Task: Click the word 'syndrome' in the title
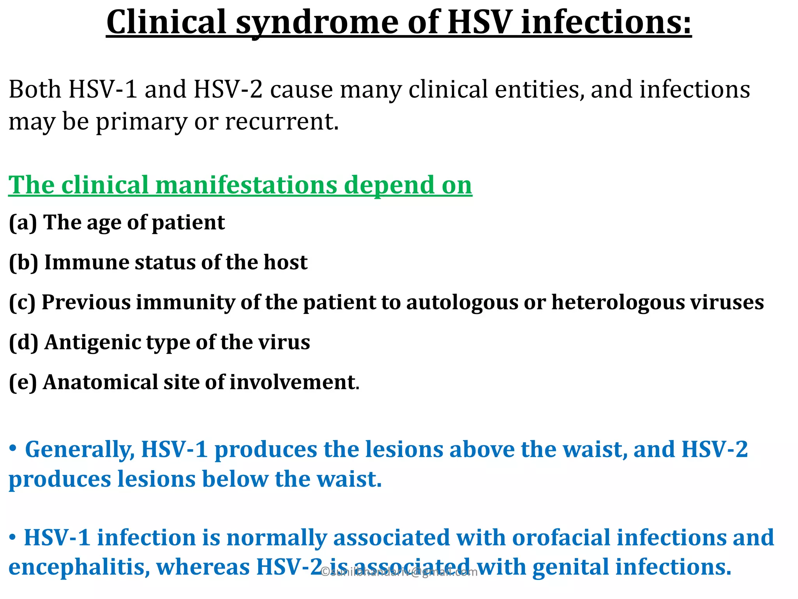coord(317,23)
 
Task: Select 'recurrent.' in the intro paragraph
coord(282,122)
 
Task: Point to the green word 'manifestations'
coord(246,185)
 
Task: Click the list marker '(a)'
coord(23,223)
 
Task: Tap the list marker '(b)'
coord(23,263)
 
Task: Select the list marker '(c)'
coord(22,303)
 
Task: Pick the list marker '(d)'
coord(23,343)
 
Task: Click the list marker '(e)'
coord(23,383)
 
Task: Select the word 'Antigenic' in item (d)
coord(92,343)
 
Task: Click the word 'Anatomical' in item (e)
coord(100,382)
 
